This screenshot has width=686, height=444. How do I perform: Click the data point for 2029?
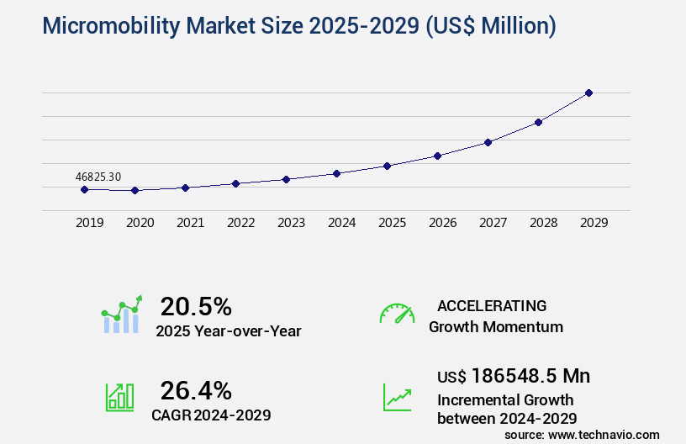[x=588, y=92]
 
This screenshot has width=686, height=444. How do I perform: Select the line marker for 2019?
[x=84, y=189]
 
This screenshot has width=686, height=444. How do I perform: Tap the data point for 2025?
[x=387, y=166]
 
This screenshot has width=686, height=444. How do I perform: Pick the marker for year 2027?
[x=488, y=142]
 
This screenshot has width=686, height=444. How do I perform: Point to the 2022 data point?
[x=235, y=183]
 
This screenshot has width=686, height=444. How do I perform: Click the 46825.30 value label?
[x=98, y=177]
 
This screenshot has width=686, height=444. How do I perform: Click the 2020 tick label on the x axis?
[x=140, y=223]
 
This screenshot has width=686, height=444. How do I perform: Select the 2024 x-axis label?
[x=341, y=223]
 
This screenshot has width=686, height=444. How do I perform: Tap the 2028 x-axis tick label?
[x=543, y=223]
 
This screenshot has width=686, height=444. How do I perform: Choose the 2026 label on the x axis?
[x=442, y=223]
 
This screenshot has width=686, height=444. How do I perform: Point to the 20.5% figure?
[x=196, y=306]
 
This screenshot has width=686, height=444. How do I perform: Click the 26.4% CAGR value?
[x=196, y=390]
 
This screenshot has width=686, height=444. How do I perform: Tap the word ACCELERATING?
[x=492, y=306]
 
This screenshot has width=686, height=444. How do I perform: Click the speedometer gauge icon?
[x=397, y=314]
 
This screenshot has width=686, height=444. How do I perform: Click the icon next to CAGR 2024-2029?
[x=119, y=397]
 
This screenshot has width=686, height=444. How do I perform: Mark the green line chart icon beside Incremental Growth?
[x=397, y=397]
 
